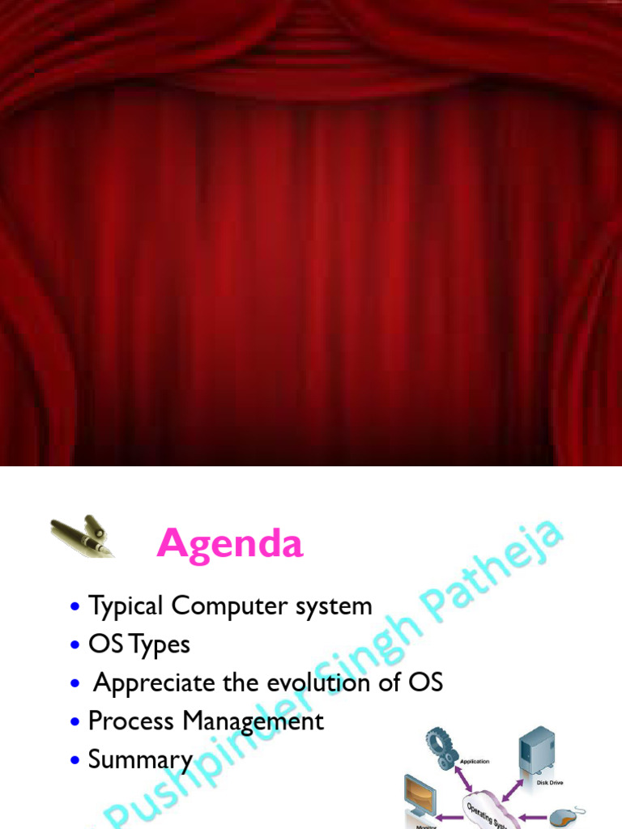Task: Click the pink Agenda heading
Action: click(x=230, y=544)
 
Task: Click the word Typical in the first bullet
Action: click(x=126, y=606)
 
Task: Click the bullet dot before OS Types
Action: click(x=75, y=645)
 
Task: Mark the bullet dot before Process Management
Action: click(x=75, y=721)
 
